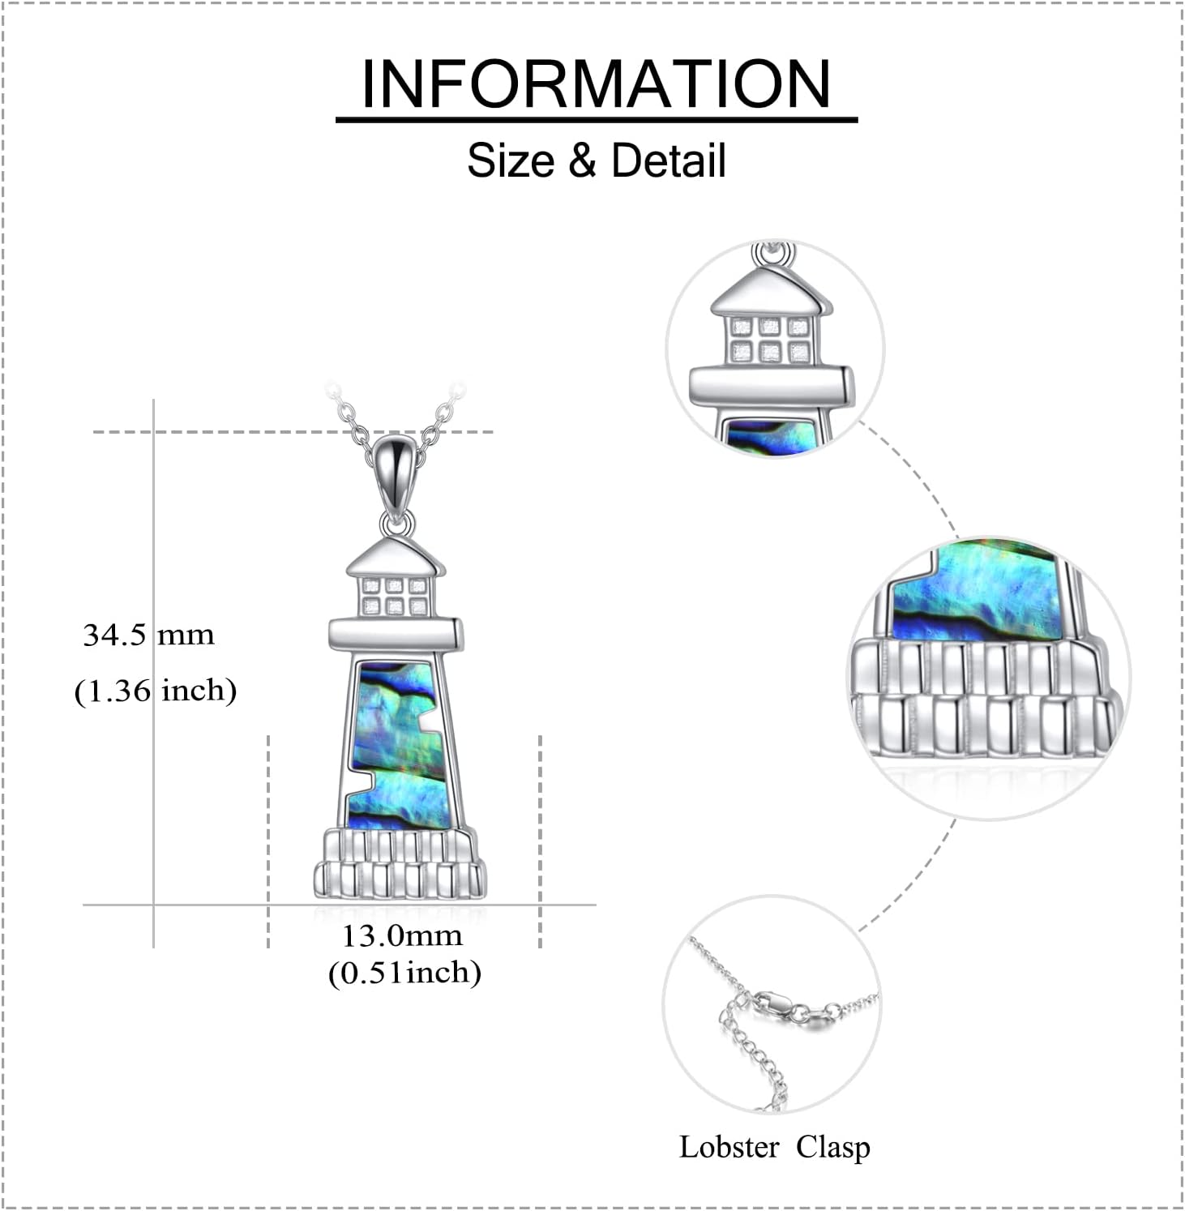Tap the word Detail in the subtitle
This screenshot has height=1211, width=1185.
[668, 160]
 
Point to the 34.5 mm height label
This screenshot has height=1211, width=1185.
[148, 635]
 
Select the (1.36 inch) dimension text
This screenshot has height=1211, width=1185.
[155, 691]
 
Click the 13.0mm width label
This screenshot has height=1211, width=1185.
[401, 935]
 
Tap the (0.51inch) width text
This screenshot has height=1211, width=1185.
[404, 972]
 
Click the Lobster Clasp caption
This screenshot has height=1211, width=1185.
[774, 1147]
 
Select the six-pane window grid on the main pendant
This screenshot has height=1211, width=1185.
[395, 596]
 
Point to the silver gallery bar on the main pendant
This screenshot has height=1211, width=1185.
[396, 634]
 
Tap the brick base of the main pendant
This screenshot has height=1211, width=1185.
[400, 863]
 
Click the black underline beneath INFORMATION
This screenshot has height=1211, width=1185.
[596, 120]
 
